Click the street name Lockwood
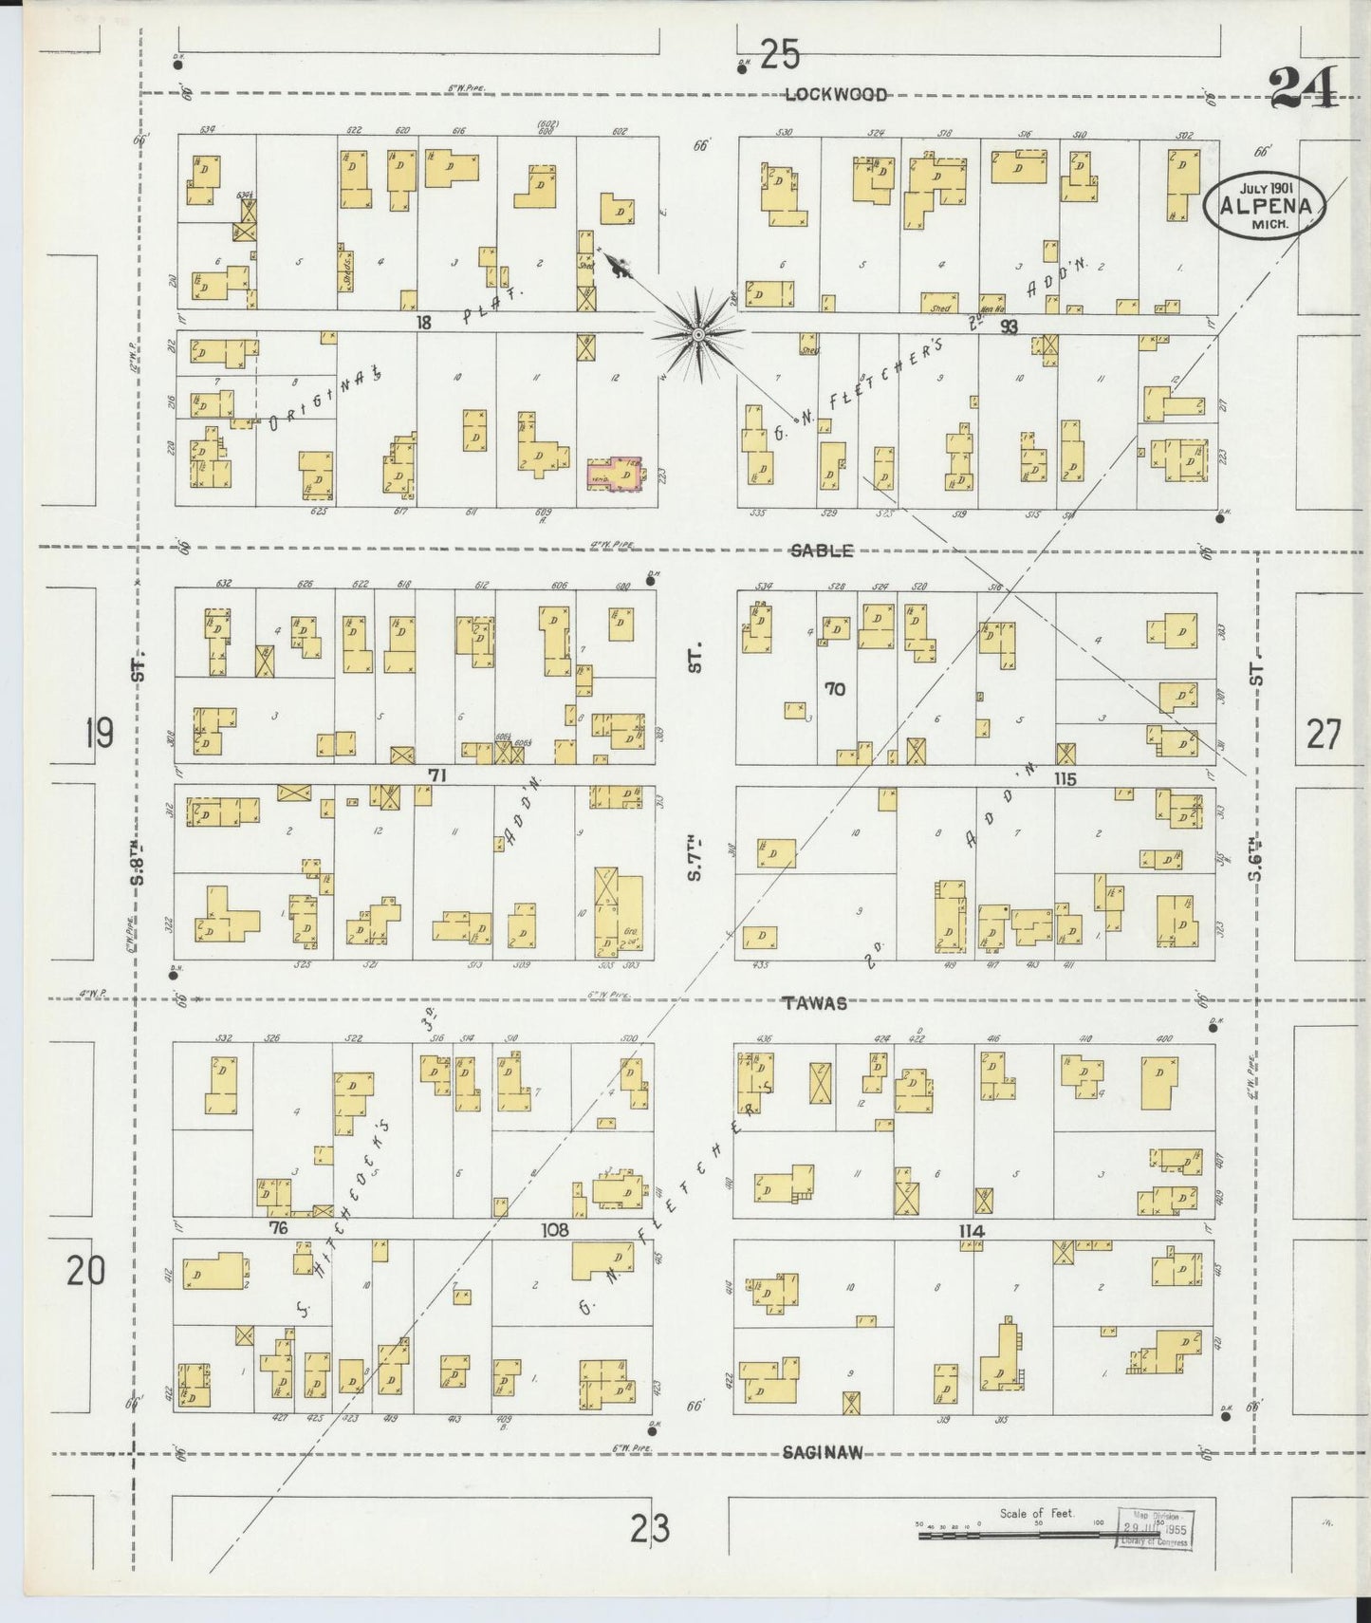click(x=836, y=94)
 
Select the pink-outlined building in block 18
click(x=615, y=475)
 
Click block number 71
click(x=436, y=775)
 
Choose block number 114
click(x=972, y=1231)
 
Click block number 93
click(x=1008, y=326)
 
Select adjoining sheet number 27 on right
click(x=1324, y=735)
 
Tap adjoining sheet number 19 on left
click(x=99, y=734)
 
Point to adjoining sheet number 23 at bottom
click(x=650, y=1529)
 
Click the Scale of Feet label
click(x=1036, y=1512)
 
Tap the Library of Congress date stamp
click(x=1155, y=1529)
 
